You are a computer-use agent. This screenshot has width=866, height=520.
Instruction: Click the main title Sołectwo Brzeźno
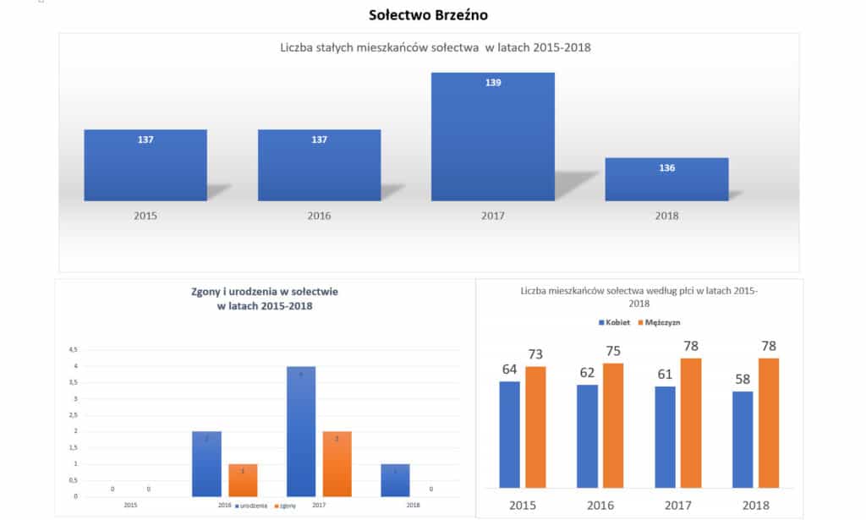pyautogui.click(x=429, y=15)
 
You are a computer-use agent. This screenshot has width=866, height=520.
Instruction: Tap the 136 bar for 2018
pyautogui.click(x=666, y=179)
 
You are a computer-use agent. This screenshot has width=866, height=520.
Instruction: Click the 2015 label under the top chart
pyautogui.click(x=145, y=216)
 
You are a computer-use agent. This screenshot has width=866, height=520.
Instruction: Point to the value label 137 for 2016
pyautogui.click(x=319, y=140)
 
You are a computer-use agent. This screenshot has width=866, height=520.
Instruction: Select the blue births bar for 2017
pyautogui.click(x=300, y=431)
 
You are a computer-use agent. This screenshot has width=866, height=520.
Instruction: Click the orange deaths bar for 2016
pyautogui.click(x=243, y=480)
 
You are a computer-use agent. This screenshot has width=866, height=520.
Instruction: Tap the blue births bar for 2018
pyautogui.click(x=395, y=480)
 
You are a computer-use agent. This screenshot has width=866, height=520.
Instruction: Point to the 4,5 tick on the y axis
pyautogui.click(x=74, y=349)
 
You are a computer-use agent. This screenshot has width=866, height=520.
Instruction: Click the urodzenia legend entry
pyautogui.click(x=252, y=505)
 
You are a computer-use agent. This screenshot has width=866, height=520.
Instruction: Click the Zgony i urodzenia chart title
pyautogui.click(x=265, y=298)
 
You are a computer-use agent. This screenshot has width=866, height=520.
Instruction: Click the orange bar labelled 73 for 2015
pyautogui.click(x=535, y=427)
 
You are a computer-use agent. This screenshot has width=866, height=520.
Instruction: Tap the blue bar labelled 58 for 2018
pyautogui.click(x=743, y=440)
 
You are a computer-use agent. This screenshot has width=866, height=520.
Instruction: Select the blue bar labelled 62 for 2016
pyautogui.click(x=588, y=436)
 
